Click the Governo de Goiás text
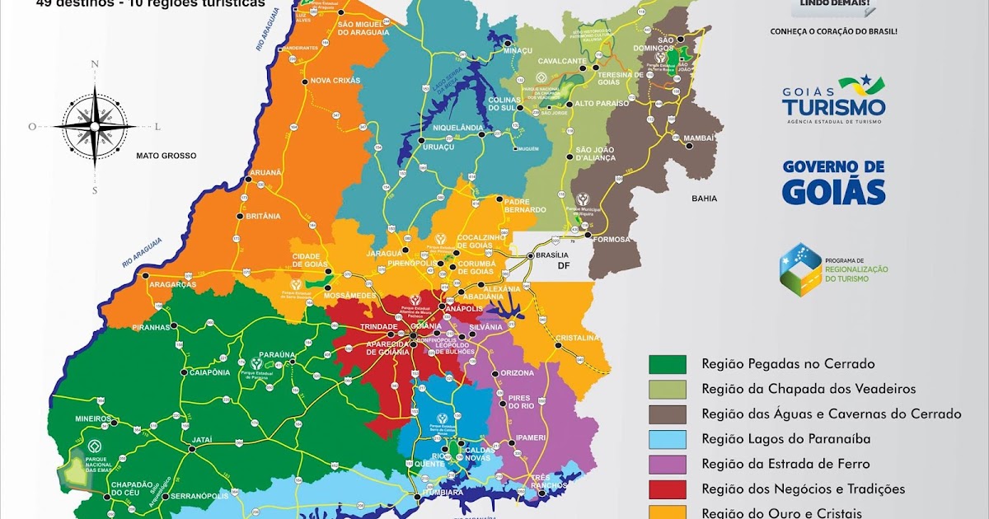(x=833, y=182)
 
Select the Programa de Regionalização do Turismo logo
(x=832, y=269)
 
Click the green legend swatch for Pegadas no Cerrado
(x=667, y=363)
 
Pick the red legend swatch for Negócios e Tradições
(x=667, y=489)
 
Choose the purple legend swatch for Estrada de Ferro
(x=667, y=464)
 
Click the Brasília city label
(x=553, y=255)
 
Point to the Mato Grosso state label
(x=166, y=155)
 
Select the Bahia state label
(x=704, y=199)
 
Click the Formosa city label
(x=611, y=240)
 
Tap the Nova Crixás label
(x=335, y=80)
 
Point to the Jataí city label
(x=202, y=441)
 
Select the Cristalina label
(x=576, y=338)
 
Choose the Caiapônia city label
(x=209, y=372)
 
